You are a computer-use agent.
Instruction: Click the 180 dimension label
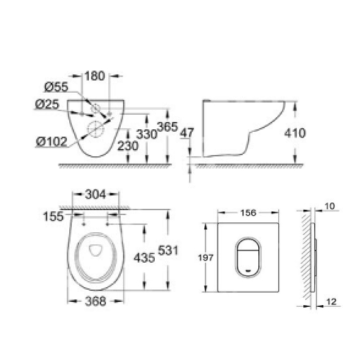click(95, 76)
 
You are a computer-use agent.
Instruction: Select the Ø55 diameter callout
click(56, 87)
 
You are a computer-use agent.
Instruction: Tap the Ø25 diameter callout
click(47, 104)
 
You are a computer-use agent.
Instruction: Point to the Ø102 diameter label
click(52, 141)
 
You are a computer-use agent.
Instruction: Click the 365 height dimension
click(167, 127)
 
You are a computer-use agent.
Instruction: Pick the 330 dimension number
click(147, 134)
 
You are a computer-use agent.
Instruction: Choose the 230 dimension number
click(128, 146)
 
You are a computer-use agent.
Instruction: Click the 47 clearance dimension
click(187, 133)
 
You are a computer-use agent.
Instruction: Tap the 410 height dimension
click(295, 133)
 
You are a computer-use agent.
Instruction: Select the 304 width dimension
click(95, 194)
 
